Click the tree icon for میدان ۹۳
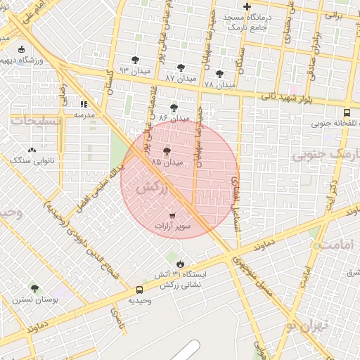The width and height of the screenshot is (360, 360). (x=135, y=60)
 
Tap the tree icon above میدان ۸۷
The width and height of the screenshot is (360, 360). (x=181, y=68)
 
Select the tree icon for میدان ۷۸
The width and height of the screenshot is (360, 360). (x=219, y=73)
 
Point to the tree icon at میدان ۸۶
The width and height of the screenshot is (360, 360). (x=174, y=108)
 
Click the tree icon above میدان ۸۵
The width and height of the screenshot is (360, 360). (x=167, y=151)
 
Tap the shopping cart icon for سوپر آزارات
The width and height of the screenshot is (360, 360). (x=173, y=215)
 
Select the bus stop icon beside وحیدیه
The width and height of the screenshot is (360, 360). (x=139, y=290)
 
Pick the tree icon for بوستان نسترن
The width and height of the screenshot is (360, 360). (x=34, y=288)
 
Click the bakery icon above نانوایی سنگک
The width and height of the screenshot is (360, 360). (x=32, y=150)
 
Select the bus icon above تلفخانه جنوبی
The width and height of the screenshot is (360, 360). (x=347, y=112)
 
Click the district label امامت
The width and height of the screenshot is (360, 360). (x=330, y=243)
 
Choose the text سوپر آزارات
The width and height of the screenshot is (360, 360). (x=173, y=228)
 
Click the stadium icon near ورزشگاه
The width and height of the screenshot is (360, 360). (x=21, y=49)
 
